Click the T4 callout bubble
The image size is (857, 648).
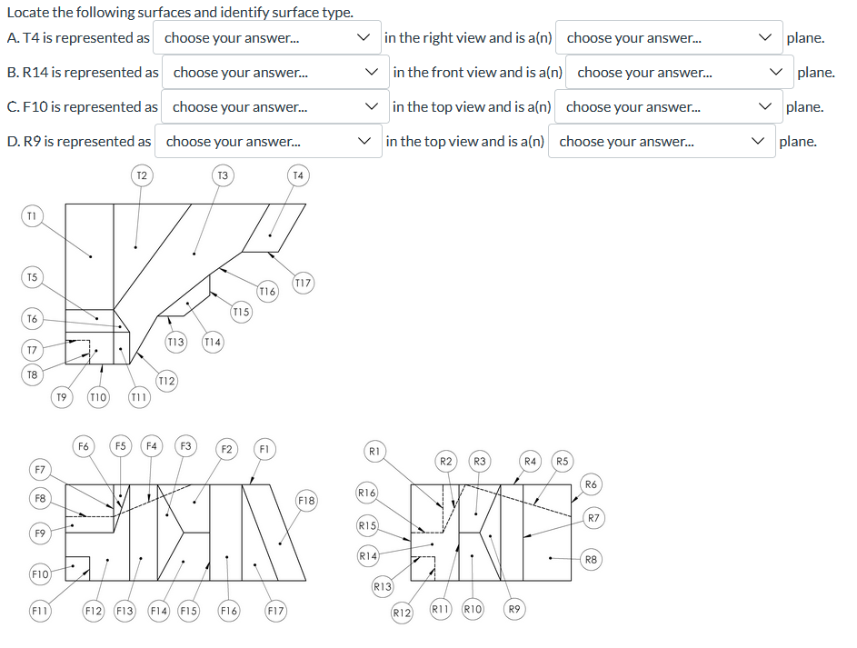click(x=298, y=174)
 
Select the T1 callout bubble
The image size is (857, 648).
click(x=32, y=215)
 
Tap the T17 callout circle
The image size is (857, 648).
click(x=303, y=284)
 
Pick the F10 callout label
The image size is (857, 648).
click(x=40, y=574)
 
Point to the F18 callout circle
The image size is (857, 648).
click(x=306, y=501)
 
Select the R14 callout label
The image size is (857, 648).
click(x=368, y=555)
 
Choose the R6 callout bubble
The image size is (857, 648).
click(x=591, y=483)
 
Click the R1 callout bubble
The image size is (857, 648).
click(x=374, y=450)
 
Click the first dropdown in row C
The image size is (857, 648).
click(x=274, y=107)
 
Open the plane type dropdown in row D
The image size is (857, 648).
click(x=660, y=142)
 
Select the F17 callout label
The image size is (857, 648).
click(x=275, y=612)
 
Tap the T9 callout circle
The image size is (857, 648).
click(x=61, y=396)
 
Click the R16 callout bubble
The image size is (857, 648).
click(x=367, y=493)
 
